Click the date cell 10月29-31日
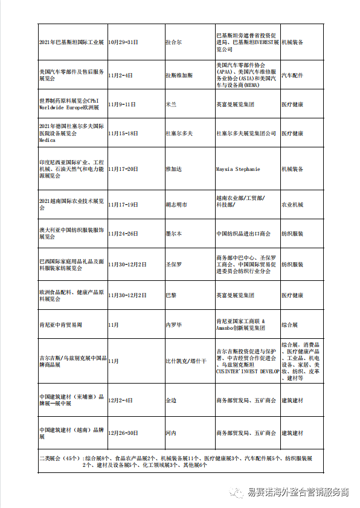point(124,43)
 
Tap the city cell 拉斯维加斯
point(179,76)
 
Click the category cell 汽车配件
point(292,76)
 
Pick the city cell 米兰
point(171,104)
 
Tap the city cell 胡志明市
point(176,205)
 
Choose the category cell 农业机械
point(292,205)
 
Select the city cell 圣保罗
point(173,265)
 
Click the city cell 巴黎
point(171,295)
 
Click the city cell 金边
point(171,400)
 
